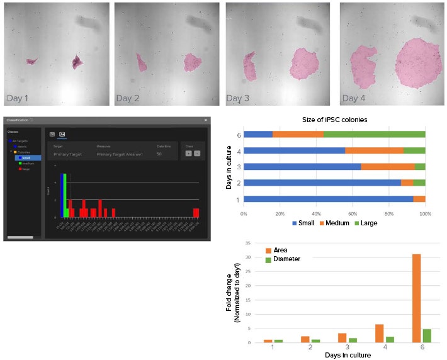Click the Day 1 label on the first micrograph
(19, 98)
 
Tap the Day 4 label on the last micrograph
(353, 98)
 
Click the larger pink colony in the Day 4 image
(417, 63)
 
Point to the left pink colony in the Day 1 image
(31, 61)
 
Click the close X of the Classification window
(205, 120)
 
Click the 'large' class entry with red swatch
(25, 169)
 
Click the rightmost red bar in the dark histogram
(196, 212)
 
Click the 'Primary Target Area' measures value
(120, 154)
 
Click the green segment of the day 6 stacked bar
(374, 134)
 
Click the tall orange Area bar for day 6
(416, 298)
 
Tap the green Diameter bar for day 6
(427, 335)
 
